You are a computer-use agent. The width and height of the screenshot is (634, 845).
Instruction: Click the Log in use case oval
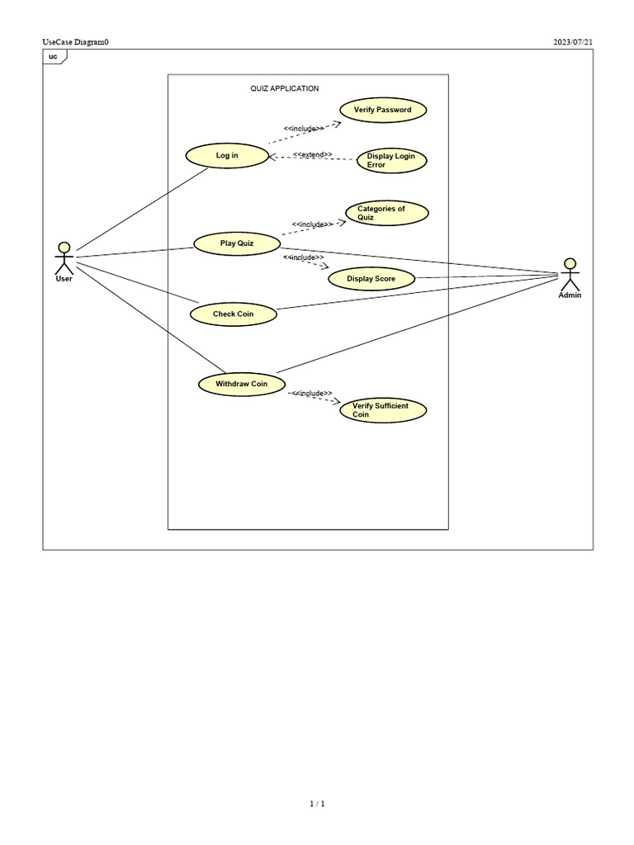227,155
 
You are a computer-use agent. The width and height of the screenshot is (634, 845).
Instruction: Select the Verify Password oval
382,110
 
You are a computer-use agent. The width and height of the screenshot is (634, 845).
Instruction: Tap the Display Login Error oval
391,160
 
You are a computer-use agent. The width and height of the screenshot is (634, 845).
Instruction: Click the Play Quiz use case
236,243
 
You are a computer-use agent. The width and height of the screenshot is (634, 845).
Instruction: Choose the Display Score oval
371,279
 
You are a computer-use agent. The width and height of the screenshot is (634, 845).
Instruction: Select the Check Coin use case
233,314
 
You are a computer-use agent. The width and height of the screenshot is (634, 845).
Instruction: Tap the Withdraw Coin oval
242,384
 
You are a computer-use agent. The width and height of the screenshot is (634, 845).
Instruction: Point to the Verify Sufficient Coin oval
383,410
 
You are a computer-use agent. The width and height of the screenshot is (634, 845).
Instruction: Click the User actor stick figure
64,258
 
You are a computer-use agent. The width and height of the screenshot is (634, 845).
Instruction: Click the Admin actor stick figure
570,274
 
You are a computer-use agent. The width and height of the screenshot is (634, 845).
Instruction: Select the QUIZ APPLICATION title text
285,88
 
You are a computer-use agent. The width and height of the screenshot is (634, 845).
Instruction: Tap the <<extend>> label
312,154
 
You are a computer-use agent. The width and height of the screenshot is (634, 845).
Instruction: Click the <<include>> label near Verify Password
303,128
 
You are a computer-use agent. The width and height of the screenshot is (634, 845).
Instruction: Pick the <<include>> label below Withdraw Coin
312,394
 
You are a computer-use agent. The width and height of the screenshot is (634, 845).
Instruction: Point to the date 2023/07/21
573,42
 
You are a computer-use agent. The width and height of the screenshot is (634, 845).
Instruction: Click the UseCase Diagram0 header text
75,42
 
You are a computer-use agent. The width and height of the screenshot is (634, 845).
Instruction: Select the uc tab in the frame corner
54,56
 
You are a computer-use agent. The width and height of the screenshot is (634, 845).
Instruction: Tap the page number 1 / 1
317,804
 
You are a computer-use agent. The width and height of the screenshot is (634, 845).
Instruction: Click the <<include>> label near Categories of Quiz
312,224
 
